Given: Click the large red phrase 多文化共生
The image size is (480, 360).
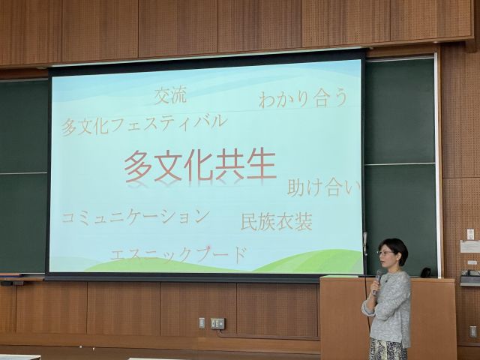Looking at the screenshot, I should click(200, 165).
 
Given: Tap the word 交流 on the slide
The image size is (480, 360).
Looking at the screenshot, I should click(170, 95).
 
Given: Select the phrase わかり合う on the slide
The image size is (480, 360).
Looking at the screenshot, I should click(303, 98).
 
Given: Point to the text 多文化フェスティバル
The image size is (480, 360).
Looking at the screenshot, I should click(143, 122).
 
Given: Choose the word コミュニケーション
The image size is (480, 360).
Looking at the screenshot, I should click(135, 217).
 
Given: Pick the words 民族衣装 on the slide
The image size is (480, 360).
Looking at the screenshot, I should click(276, 221).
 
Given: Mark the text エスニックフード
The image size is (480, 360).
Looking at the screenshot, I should click(178, 254).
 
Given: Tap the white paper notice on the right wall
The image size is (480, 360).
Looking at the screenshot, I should click(469, 246).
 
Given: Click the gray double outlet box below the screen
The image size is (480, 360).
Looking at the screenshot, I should click(217, 323).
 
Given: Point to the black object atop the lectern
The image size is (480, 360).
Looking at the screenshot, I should click(426, 272).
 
